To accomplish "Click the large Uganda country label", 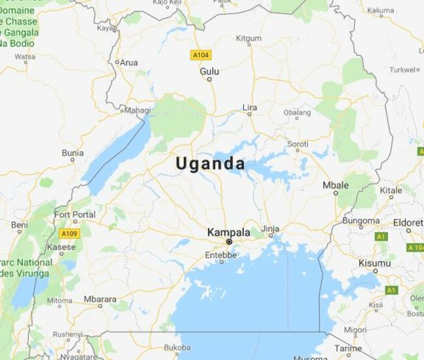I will click(210, 164).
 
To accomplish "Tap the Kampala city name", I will click(228, 232).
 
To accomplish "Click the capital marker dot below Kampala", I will click(229, 241).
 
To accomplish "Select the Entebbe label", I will click(220, 255).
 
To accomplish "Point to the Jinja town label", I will click(269, 229).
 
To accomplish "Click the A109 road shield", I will click(68, 233).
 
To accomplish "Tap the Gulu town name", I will click(209, 70).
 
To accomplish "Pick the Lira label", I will click(249, 107).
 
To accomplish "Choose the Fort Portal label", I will click(74, 215).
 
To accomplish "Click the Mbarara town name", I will click(100, 299).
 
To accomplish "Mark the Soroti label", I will click(298, 143).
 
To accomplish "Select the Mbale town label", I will click(335, 185).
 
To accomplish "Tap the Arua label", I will click(129, 63).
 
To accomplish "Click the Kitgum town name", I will click(248, 38).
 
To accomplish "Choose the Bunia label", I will click(72, 153).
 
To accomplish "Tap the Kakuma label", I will click(380, 10).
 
